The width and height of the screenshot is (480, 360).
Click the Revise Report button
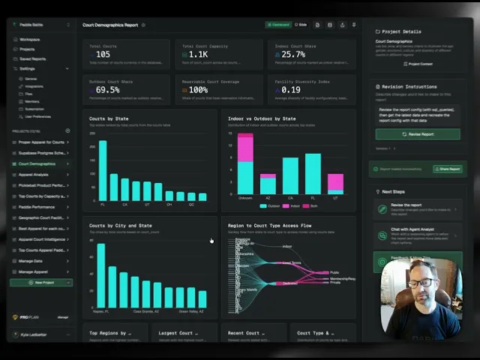[418, 134]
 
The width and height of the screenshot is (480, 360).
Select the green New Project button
[40, 283]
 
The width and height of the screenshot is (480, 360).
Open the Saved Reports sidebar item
[32, 58]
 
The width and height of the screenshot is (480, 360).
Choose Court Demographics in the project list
[37, 163]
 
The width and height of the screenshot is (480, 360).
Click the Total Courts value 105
[103, 55]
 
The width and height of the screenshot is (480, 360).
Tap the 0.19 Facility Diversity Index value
[292, 90]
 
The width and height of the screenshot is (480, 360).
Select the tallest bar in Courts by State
[103, 169]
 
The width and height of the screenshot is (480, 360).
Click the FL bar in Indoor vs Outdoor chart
[313, 175]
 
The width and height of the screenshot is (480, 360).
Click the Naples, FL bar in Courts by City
[100, 268]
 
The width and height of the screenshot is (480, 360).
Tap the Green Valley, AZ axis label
[190, 310]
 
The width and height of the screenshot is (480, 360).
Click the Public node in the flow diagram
[334, 272]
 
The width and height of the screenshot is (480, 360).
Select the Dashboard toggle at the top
[277, 25]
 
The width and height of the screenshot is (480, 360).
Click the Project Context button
[418, 64]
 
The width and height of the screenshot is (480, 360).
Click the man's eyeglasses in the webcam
[423, 283]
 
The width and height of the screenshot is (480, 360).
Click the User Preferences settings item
[37, 117]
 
